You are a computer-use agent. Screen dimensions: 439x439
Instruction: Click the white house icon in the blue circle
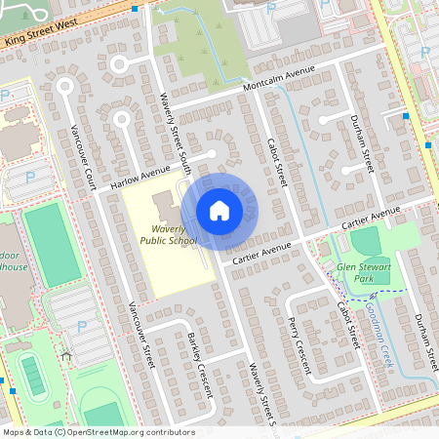[219, 211]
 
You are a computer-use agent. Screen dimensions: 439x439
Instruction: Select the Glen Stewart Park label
[363, 271]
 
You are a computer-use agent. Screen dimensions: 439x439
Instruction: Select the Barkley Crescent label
[200, 364]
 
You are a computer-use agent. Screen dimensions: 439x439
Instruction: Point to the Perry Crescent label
[299, 345]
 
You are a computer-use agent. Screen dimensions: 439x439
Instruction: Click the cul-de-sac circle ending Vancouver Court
[64, 85]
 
